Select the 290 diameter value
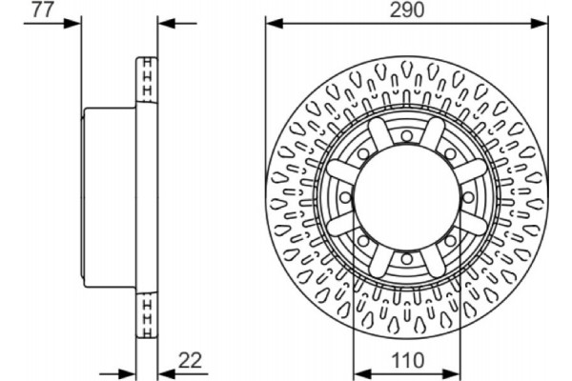click(406, 11)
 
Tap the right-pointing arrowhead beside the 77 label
click(78, 22)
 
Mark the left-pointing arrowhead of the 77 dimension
click(163, 22)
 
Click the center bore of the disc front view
click(407, 196)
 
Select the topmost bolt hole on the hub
click(407, 134)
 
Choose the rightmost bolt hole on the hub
click(469, 196)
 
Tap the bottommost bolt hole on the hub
click(407, 258)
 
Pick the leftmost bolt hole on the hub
click(345, 196)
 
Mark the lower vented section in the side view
click(148, 315)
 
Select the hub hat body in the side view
click(110, 196)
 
